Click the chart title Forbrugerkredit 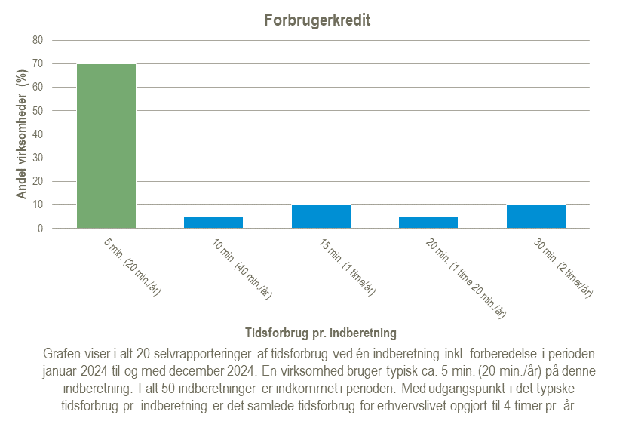pos(317,20)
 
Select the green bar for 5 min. pos(106,146)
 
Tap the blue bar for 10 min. pos(213,223)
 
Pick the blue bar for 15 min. pos(321,217)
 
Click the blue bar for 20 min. pos(428,223)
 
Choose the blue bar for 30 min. pos(536,217)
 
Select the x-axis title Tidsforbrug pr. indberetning pos(321,332)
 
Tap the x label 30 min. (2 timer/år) pos(563,269)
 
